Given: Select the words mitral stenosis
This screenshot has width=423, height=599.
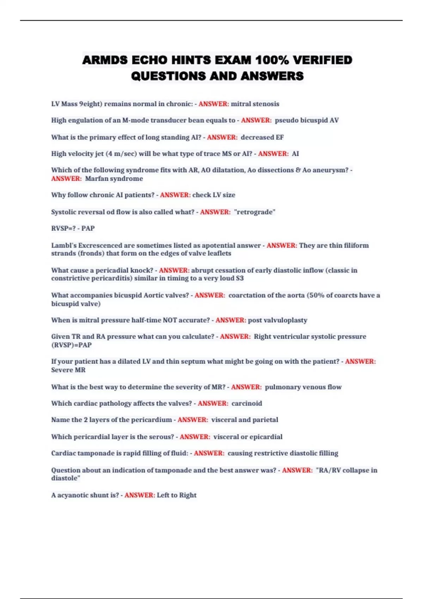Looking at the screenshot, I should pos(255,104).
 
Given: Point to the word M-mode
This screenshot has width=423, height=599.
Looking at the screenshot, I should pos(135,120).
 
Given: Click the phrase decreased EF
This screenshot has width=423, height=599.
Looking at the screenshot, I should pos(262,137).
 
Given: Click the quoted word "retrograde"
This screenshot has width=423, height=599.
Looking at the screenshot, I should pos(255,212).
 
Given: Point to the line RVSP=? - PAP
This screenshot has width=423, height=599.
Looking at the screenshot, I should pos(73,228).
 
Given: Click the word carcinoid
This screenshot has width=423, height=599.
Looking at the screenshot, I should pos(247,403).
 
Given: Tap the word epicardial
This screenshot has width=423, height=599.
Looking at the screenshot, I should pos(266,437).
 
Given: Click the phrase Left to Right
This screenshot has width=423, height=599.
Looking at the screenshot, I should pos(177,495).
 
